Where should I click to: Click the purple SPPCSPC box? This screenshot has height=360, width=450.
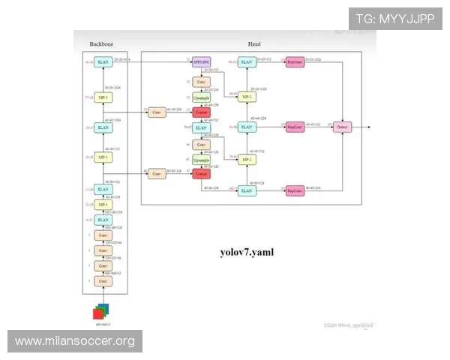(x=201, y=62)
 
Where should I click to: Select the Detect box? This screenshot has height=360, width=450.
(x=343, y=127)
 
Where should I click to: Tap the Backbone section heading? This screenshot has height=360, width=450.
(x=102, y=43)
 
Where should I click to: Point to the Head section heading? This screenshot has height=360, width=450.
(x=253, y=43)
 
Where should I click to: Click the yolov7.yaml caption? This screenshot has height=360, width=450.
(x=247, y=252)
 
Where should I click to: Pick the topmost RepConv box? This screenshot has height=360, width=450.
(x=295, y=62)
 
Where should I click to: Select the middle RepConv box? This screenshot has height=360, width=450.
(x=295, y=127)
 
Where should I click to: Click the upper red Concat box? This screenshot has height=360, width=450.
(x=201, y=112)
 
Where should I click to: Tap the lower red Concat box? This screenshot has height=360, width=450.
(x=201, y=173)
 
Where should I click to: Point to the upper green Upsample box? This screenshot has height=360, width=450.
(x=201, y=97)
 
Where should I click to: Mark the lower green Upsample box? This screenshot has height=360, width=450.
(x=201, y=160)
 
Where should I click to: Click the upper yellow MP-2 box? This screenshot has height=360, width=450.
(x=246, y=97)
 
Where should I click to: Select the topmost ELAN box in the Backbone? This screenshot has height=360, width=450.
(x=104, y=62)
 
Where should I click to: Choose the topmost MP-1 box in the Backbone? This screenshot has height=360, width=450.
(x=104, y=97)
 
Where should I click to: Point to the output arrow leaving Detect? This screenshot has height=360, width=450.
(x=361, y=127)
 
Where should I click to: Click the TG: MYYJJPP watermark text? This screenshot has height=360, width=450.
(x=394, y=18)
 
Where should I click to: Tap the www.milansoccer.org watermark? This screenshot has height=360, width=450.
(x=75, y=341)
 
